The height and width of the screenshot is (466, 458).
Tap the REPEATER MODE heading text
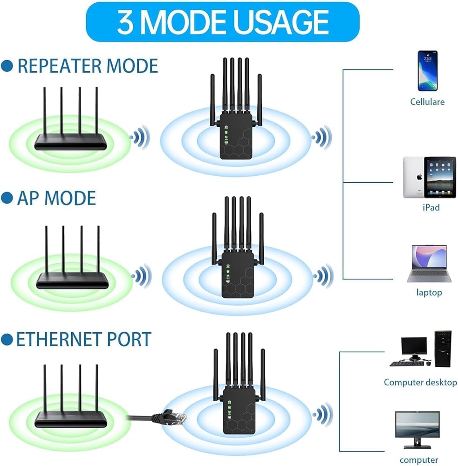click(x=87, y=66)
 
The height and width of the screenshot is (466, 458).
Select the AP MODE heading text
click(x=56, y=199)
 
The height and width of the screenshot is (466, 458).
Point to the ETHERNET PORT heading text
click(x=83, y=339)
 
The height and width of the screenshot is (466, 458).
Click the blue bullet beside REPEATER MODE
click(x=7, y=66)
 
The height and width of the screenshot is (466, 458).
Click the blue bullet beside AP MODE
click(x=7, y=199)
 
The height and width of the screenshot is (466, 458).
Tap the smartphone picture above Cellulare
click(x=427, y=70)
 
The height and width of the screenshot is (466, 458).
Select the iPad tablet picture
click(x=429, y=177)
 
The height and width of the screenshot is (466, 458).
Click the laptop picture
click(x=429, y=264)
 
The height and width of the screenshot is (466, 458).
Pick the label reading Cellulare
click(x=427, y=102)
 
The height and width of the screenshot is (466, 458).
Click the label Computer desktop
click(x=420, y=383)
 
